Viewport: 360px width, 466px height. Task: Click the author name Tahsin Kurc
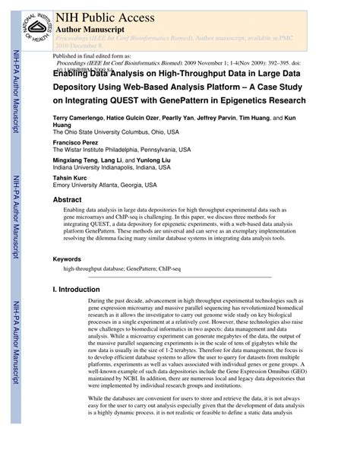[x=71, y=176]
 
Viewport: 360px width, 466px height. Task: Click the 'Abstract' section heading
[x=67, y=200]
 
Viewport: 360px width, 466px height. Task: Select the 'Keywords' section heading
[x=67, y=259]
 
